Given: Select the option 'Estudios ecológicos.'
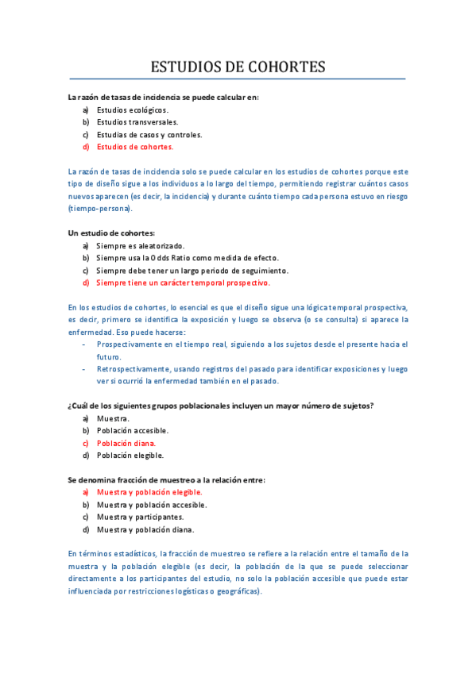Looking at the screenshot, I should click(x=132, y=110).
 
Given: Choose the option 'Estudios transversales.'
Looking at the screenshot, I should click(x=137, y=122).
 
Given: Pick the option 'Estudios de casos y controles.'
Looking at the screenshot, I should click(x=149, y=135).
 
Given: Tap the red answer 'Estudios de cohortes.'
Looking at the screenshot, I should click(x=135, y=147).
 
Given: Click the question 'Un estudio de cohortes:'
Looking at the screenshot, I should click(x=111, y=233).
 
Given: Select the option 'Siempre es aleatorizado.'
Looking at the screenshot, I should click(x=140, y=245).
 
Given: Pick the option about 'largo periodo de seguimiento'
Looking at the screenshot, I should click(x=192, y=270).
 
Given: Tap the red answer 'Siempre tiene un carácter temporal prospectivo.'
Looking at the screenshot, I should click(x=183, y=283).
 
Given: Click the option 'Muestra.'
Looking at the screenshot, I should click(x=113, y=418).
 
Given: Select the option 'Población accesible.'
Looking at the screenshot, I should click(x=133, y=431).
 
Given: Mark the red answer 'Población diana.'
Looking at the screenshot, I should click(x=126, y=443).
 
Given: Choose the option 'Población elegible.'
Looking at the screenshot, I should click(x=130, y=456).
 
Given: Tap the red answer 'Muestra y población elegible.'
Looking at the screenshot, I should click(x=149, y=492).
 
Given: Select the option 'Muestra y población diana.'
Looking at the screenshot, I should click(x=145, y=529).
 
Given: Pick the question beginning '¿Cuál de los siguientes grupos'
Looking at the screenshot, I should click(x=221, y=406).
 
